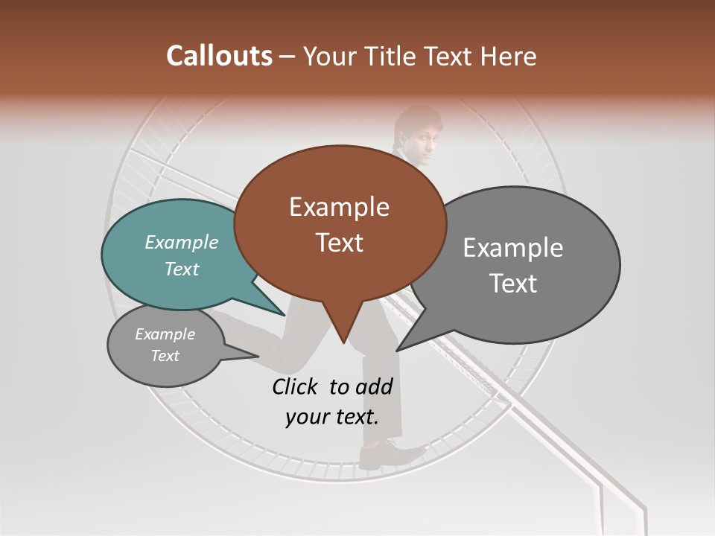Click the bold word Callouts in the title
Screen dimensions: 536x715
click(219, 56)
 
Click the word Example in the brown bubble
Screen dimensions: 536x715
click(339, 207)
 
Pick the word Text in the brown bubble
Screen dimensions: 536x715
click(339, 243)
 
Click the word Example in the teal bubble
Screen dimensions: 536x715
click(182, 242)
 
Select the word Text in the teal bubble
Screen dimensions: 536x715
click(182, 269)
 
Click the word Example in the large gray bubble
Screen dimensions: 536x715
click(513, 248)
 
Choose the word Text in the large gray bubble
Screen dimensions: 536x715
click(513, 284)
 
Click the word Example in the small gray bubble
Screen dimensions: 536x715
click(165, 334)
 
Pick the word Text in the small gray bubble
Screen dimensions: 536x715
click(165, 356)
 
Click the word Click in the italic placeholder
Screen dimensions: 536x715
click(296, 386)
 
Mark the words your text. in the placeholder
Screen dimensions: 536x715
click(332, 417)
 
